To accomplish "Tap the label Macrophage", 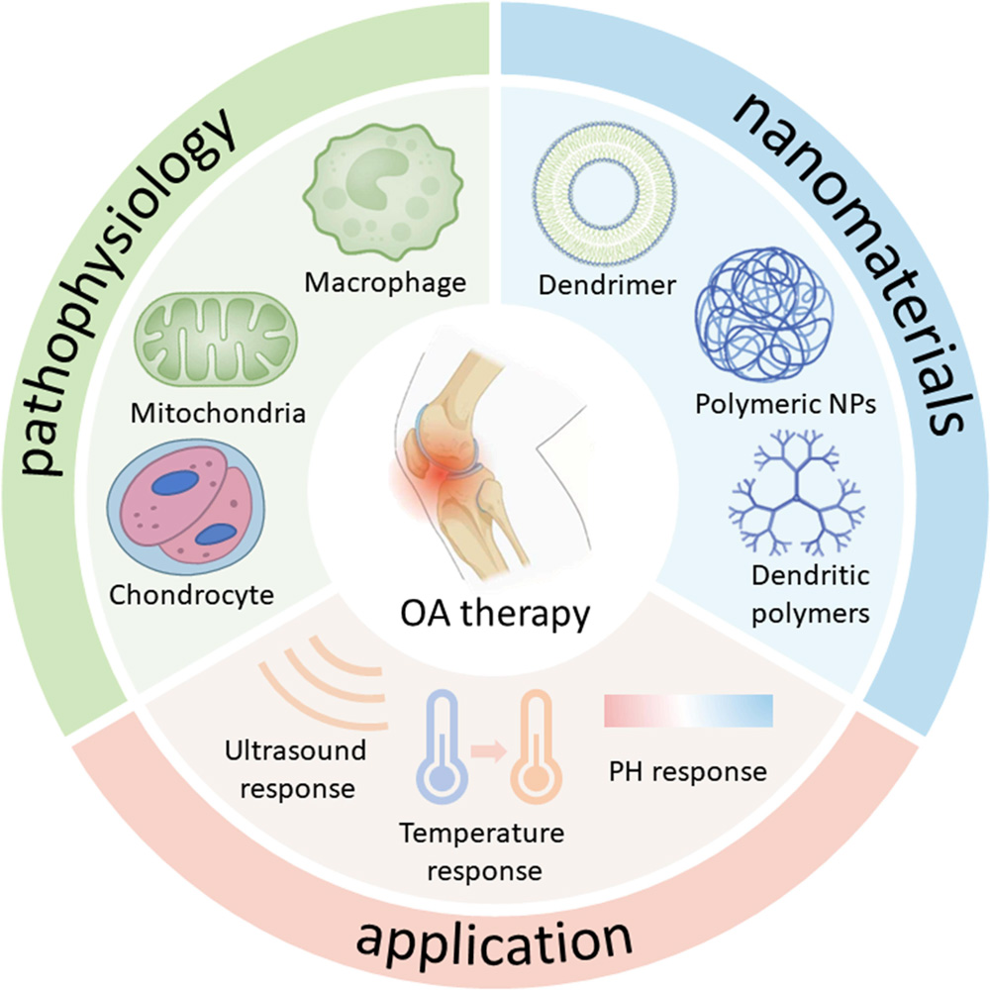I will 385,283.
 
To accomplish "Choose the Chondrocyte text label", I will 192,595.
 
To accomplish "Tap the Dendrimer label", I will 608,286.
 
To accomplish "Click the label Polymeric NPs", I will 785,407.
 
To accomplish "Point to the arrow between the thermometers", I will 491,752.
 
